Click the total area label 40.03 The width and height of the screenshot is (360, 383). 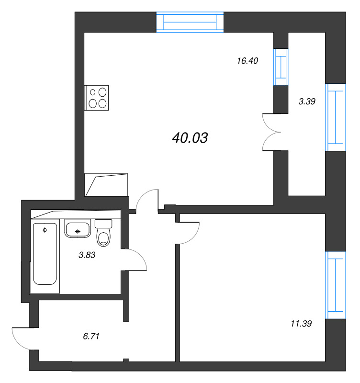[x=190, y=138]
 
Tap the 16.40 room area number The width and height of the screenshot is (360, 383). [x=247, y=61]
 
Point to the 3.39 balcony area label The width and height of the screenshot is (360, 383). [x=307, y=101]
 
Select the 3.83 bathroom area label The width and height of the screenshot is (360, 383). [x=87, y=255]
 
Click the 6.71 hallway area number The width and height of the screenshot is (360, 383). [x=91, y=337]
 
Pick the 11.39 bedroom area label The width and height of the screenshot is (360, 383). [x=301, y=324]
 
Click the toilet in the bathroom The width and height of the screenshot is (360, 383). [x=103, y=232]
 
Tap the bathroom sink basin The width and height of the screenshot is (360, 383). [x=77, y=230]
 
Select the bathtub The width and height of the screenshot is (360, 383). [x=45, y=254]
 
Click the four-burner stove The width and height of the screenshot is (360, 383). [x=97, y=98]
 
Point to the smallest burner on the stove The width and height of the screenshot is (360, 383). [x=92, y=92]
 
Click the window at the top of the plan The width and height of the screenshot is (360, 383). [x=190, y=22]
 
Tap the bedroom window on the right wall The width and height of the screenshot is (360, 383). [x=336, y=285]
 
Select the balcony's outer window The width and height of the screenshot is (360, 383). [x=336, y=117]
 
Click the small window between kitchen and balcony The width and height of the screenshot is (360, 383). [x=281, y=67]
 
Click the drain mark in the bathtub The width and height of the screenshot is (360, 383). [x=45, y=230]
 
